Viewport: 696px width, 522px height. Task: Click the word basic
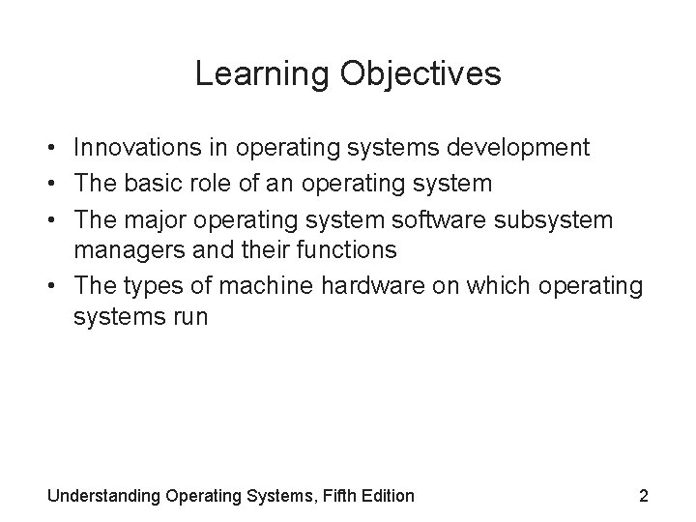(154, 184)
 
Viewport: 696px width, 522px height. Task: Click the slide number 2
(643, 496)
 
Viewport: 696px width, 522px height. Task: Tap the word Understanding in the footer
(104, 496)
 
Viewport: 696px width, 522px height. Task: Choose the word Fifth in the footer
(337, 496)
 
